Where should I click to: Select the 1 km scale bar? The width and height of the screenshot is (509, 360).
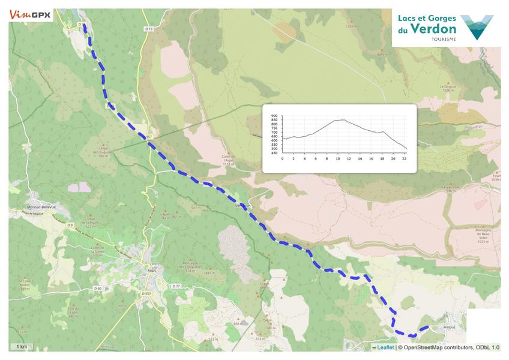22,347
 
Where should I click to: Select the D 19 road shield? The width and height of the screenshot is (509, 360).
150,29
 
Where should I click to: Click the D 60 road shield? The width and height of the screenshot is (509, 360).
98,289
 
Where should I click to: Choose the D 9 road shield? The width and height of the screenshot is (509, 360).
70,225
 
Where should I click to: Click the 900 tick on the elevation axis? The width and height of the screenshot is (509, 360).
274,116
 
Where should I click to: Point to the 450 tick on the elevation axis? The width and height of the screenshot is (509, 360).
274,153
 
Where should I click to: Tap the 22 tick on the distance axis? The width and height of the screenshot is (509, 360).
404,158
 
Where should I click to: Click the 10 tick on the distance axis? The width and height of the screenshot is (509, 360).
337,158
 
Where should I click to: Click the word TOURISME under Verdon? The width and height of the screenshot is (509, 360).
444,39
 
